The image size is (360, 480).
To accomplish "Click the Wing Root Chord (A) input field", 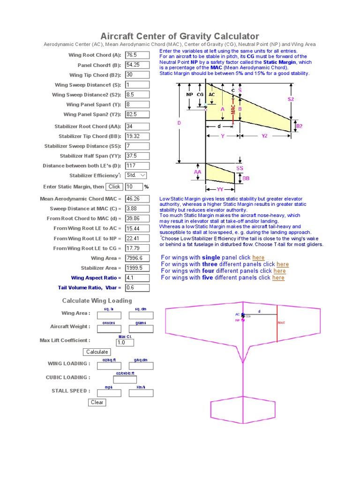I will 137,55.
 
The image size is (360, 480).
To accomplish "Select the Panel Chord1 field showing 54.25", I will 137,65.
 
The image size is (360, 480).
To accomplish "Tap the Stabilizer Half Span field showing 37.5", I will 137,156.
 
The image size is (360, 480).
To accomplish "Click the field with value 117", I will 137,165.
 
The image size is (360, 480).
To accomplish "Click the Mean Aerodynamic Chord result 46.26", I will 137,199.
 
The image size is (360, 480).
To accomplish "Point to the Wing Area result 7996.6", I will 137,258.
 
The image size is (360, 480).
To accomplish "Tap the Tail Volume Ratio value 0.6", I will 137,288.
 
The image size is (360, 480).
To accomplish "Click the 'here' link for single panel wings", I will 258,257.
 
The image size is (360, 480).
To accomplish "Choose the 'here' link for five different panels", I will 278,277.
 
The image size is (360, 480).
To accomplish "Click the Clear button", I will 97,402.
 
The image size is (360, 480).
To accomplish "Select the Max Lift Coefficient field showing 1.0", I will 125,343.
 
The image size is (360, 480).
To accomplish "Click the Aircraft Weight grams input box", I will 141,329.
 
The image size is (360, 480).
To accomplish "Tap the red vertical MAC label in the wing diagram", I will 233,107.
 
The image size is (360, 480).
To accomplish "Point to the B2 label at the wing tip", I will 299,126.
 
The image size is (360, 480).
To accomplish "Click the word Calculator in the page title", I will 233,36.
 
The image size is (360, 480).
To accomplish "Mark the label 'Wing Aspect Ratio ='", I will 96,278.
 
